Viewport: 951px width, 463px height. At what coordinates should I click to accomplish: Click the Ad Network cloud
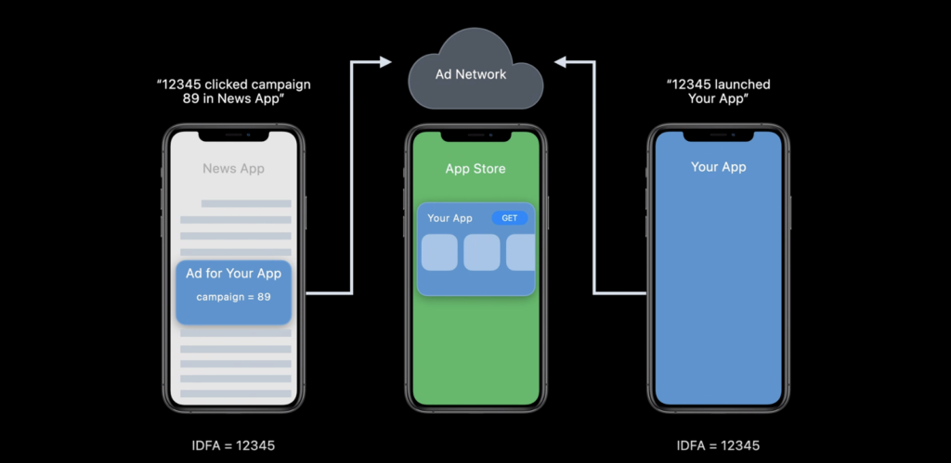click(x=475, y=71)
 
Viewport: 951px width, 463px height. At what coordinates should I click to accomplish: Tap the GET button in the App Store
click(x=510, y=218)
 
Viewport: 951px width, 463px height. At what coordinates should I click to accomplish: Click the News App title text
click(x=233, y=169)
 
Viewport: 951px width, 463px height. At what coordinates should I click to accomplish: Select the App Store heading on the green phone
click(x=475, y=169)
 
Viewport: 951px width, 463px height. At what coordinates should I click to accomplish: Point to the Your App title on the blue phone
click(x=718, y=167)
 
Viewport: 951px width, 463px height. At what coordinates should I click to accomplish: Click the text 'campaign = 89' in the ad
click(x=233, y=297)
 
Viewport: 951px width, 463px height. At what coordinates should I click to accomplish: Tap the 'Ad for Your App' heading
click(x=233, y=274)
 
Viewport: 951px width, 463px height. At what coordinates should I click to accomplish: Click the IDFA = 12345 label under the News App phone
click(x=233, y=446)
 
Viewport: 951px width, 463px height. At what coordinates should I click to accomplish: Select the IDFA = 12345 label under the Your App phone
click(x=718, y=446)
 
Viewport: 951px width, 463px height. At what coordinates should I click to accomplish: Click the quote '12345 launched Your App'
click(x=718, y=92)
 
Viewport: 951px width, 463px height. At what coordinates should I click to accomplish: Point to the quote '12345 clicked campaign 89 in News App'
click(x=233, y=92)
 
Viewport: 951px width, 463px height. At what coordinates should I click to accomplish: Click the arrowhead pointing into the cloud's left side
click(x=385, y=61)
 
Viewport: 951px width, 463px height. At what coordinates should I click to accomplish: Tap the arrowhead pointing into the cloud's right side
click(x=560, y=61)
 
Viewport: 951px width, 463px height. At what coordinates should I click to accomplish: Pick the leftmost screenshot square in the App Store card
click(x=439, y=252)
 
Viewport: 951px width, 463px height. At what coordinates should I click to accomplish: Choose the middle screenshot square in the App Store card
click(x=482, y=252)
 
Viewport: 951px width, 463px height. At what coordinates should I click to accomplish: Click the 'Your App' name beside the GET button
click(x=449, y=218)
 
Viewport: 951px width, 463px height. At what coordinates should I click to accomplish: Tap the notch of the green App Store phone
click(x=475, y=135)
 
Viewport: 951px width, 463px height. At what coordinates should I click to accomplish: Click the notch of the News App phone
click(x=233, y=135)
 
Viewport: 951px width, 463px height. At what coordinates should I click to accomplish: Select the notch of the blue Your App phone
click(x=718, y=135)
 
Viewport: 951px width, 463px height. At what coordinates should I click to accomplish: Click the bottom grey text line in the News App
click(x=236, y=394)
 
